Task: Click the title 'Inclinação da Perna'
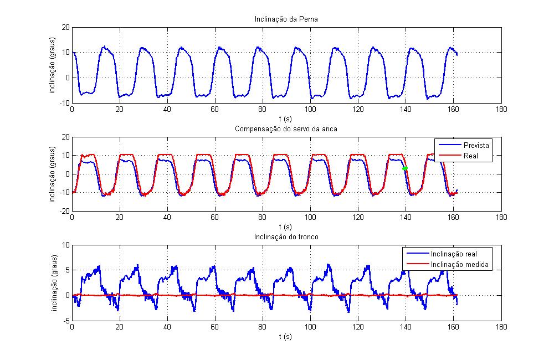pyautogui.click(x=286, y=20)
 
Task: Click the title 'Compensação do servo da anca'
pyautogui.click(x=286, y=129)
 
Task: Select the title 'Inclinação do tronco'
pyautogui.click(x=286, y=238)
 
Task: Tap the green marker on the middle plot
pyautogui.click(x=406, y=168)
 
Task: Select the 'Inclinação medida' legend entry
pyautogui.click(x=459, y=265)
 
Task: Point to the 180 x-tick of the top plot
pyautogui.click(x=501, y=109)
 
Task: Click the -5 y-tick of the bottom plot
pyautogui.click(x=66, y=321)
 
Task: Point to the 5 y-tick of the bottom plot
pyautogui.click(x=68, y=270)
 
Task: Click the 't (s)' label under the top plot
pyautogui.click(x=286, y=118)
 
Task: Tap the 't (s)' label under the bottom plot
pyautogui.click(x=286, y=336)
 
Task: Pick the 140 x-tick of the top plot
pyautogui.click(x=406, y=109)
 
